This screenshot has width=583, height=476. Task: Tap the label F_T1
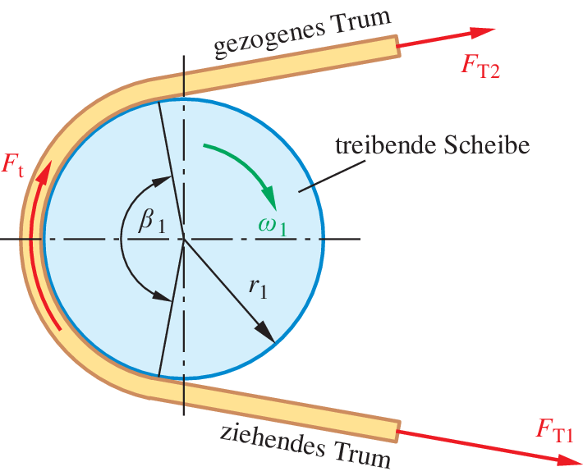click(x=556, y=429)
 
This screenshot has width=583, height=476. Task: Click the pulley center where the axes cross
click(x=184, y=239)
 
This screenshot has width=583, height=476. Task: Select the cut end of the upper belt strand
click(x=397, y=46)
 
